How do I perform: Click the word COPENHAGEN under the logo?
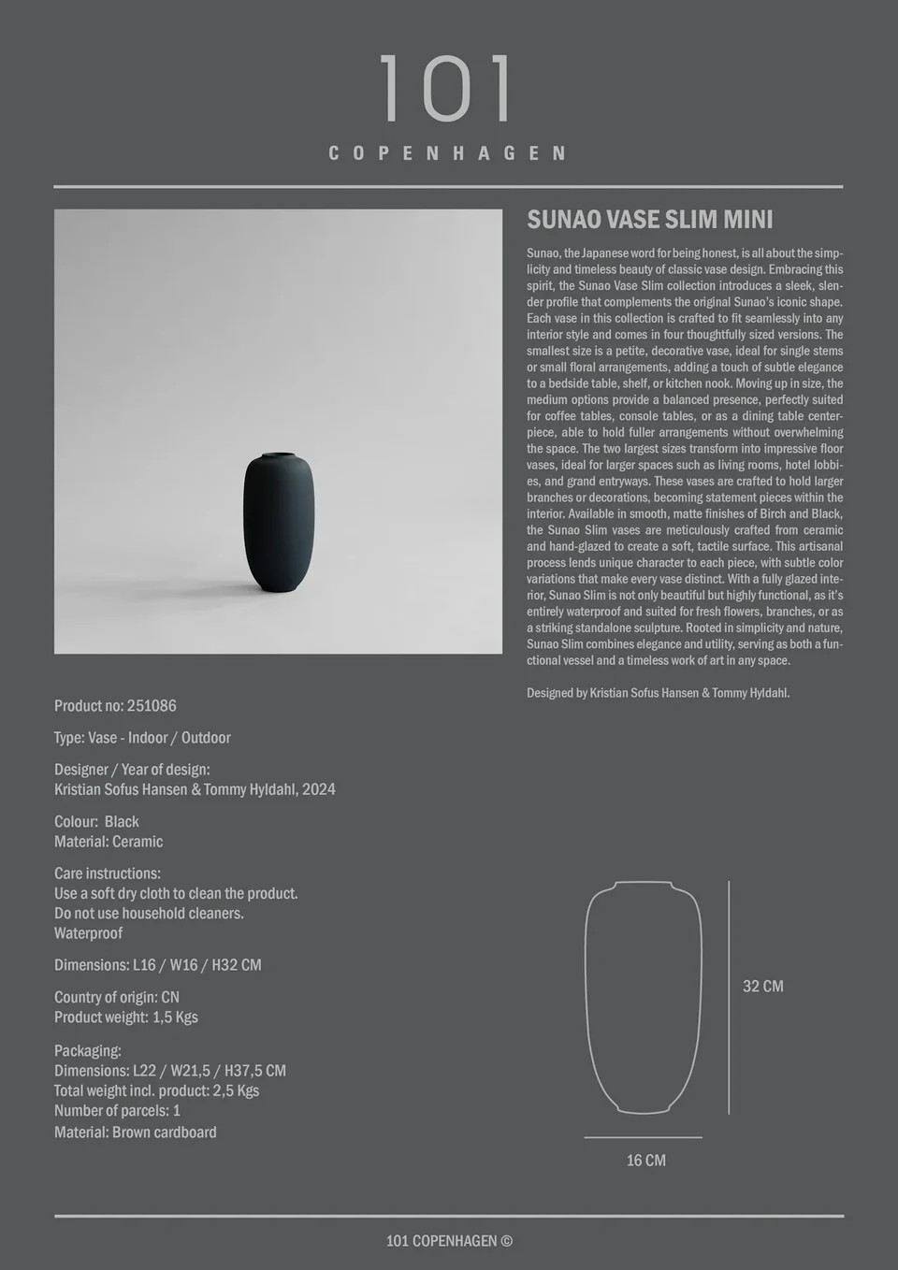click(448, 153)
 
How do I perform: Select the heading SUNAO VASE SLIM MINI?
click(650, 220)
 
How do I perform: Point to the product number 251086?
click(152, 706)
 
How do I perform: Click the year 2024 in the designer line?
click(319, 789)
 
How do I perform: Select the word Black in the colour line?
click(122, 822)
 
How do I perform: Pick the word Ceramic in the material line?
click(138, 842)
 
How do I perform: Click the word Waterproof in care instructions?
click(89, 933)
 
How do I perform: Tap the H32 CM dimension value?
click(237, 965)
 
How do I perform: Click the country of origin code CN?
click(170, 998)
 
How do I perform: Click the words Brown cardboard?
click(165, 1133)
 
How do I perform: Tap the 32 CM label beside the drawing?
click(763, 987)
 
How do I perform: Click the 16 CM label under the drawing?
click(646, 1161)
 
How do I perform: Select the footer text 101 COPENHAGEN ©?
click(450, 1241)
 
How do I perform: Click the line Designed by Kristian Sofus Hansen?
click(659, 693)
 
